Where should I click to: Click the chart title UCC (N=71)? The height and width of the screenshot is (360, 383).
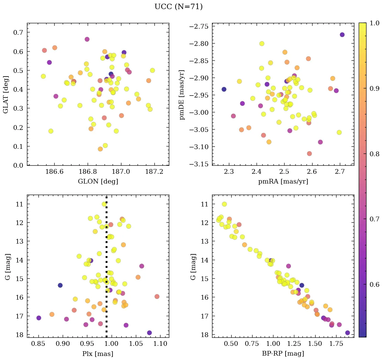pos(178,7)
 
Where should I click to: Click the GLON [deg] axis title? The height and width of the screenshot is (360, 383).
pos(98,181)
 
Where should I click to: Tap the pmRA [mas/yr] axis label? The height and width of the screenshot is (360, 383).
pos(283,181)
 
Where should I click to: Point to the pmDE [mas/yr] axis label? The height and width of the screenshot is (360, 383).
pos(182,94)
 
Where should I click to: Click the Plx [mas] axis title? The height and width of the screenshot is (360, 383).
pos(98,354)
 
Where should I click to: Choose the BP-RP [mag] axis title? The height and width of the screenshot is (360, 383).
pos(283,354)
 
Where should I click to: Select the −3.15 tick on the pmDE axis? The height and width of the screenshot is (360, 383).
pos(199,164)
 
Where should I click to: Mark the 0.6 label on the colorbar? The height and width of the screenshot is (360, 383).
pos(374,284)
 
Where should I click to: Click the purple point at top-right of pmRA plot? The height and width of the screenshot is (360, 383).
pos(342,35)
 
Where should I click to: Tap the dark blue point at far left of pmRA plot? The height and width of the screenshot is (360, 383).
pos(224,89)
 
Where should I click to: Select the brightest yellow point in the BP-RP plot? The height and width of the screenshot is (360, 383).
pos(224,204)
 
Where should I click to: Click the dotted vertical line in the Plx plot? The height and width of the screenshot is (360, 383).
pos(107,270)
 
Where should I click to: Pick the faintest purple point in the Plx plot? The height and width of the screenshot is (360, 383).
pos(149,333)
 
